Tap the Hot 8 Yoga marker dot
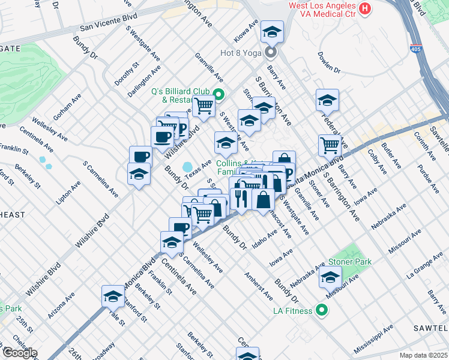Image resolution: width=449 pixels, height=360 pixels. point(271,52)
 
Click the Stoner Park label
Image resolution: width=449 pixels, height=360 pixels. point(349,262)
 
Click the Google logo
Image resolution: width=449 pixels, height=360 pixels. point(19,352)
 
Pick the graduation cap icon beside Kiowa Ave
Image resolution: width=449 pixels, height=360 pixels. point(272,31)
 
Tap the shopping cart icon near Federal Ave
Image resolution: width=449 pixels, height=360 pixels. point(330,144)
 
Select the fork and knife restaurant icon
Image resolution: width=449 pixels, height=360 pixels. point(241,198)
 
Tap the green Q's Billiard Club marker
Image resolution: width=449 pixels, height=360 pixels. point(219,94)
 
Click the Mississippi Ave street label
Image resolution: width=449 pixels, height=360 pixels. point(373,339)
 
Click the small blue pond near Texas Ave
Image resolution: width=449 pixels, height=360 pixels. point(188,166)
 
